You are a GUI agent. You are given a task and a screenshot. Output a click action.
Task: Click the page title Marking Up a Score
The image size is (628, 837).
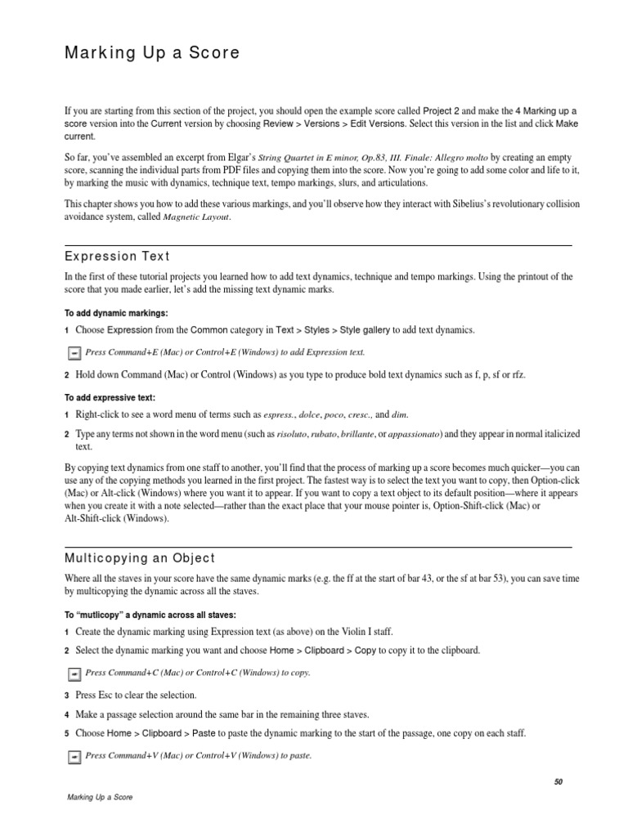(x=152, y=53)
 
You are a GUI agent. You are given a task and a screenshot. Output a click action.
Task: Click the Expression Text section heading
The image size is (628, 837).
(x=117, y=257)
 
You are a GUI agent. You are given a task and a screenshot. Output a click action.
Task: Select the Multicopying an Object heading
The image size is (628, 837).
(x=140, y=558)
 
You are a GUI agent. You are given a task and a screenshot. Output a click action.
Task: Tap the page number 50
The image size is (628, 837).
(x=558, y=781)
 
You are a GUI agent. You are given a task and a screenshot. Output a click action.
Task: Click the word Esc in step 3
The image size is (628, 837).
(x=109, y=695)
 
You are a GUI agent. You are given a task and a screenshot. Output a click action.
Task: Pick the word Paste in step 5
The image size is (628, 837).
(x=204, y=733)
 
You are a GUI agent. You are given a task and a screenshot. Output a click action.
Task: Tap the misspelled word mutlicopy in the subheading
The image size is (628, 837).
(x=104, y=615)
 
